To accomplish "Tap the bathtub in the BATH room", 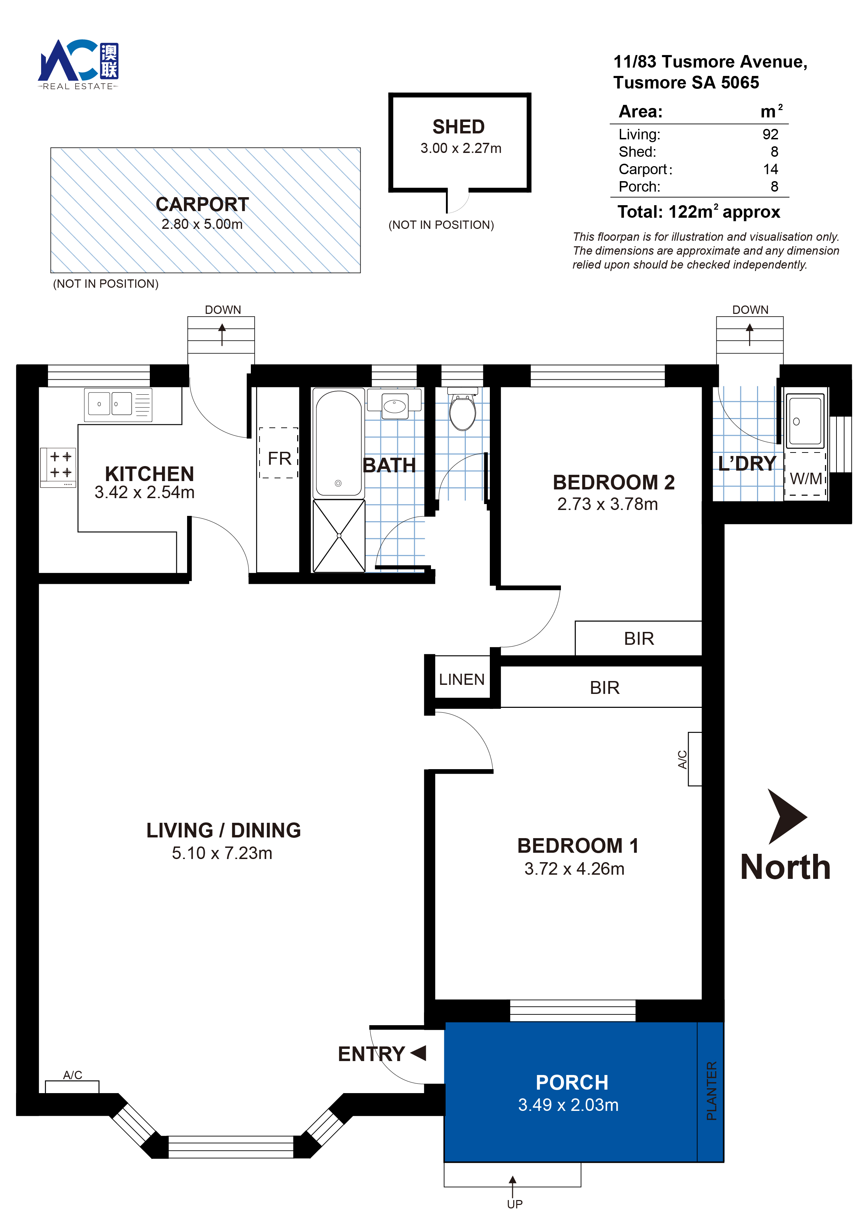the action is pyautogui.click(x=339, y=443).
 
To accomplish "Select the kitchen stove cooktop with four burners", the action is pyautogui.click(x=58, y=467).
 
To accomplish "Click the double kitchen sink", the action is pyautogui.click(x=118, y=404).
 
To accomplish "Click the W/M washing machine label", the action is pyautogui.click(x=805, y=479).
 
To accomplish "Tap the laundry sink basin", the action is pyautogui.click(x=805, y=419).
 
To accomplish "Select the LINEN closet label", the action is pyautogui.click(x=462, y=679).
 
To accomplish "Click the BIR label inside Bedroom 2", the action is pyautogui.click(x=639, y=638).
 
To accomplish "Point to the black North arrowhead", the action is pyautogui.click(x=785, y=816).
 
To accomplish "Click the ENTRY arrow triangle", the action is pyautogui.click(x=418, y=1052).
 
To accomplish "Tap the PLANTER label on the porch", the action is pyautogui.click(x=711, y=1091).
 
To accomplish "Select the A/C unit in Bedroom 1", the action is pyautogui.click(x=695, y=759).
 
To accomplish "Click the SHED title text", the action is pyautogui.click(x=458, y=127).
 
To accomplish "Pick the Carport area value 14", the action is pyautogui.click(x=770, y=169).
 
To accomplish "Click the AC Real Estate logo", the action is pyautogui.click(x=78, y=64).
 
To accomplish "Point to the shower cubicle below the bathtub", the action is pyautogui.click(x=339, y=536).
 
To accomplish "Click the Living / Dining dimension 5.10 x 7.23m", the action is pyautogui.click(x=222, y=853).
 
